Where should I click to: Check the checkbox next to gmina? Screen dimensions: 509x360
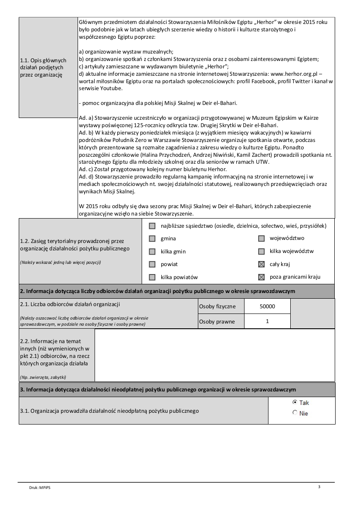tap(152, 239)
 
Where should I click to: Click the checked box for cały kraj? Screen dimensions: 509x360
tap(261, 264)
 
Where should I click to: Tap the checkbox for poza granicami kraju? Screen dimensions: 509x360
tap(261, 277)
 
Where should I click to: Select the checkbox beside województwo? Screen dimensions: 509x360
tap(261, 239)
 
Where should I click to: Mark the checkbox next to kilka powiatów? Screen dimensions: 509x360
tap(152, 277)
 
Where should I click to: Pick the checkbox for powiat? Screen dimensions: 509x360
tap(152, 264)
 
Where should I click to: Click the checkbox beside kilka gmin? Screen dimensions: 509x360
tap(152, 251)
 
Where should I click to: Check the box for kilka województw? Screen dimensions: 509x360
tap(261, 251)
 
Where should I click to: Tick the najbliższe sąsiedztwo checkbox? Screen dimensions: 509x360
tap(152, 226)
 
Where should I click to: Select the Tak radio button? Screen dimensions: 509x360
tap(295, 402)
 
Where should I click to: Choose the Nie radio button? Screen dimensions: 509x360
tap(295, 413)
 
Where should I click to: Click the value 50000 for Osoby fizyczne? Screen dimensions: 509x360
tap(267, 307)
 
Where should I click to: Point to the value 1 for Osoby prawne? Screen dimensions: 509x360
tap(267, 322)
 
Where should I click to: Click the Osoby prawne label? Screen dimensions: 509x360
tap(217, 322)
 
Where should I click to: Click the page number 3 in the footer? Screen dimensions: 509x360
tap(319, 486)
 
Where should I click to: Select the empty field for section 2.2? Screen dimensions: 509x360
tap(214, 355)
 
